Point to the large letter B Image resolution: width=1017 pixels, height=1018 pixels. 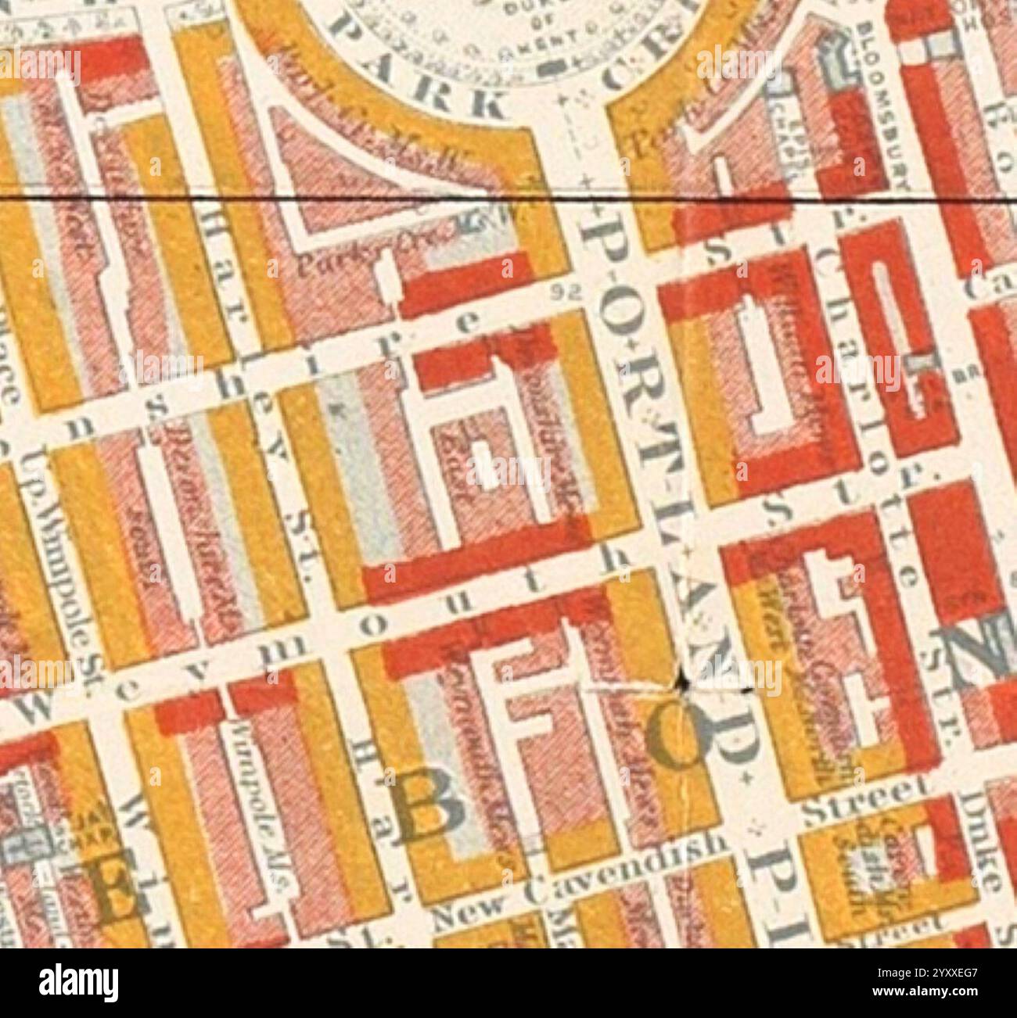(x=428, y=811)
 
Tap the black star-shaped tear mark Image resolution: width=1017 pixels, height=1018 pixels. (x=682, y=683)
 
